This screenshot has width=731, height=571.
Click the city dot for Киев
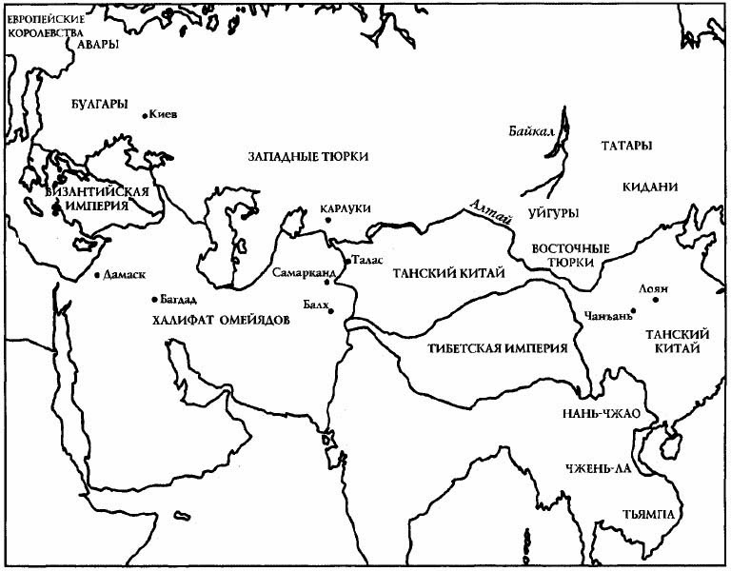point(145,116)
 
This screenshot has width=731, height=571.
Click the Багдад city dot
point(155,299)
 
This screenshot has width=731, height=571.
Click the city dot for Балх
point(332,309)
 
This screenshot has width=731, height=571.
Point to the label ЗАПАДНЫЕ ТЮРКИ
point(307,156)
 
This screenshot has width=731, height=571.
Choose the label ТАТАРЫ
point(626,146)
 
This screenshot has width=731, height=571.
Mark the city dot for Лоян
point(656,300)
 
